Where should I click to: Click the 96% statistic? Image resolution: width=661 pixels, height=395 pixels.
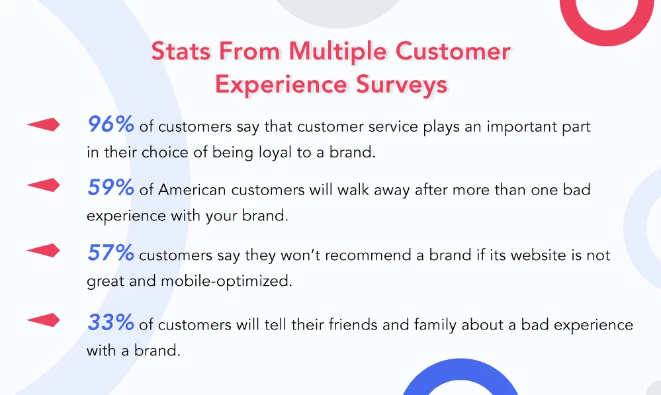pos(110,124)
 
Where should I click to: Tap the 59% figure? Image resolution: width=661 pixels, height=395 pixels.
pos(110,188)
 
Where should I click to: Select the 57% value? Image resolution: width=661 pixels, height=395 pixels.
pos(110,253)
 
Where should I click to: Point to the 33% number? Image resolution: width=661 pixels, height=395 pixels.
pos(110,322)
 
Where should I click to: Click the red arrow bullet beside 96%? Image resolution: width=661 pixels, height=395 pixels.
pos(44,124)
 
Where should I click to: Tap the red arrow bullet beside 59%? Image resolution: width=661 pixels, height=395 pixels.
pos(44,185)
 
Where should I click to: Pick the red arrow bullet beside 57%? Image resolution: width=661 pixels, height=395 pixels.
pos(44,250)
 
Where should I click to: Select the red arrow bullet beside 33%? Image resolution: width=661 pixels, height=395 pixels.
pos(44,320)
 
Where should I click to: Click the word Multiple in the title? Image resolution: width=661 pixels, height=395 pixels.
pos(337,52)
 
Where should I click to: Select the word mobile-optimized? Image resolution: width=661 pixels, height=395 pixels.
pos(226,281)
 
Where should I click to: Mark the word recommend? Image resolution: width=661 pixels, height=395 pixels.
pos(368,255)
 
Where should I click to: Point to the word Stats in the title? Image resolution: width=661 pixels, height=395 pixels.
pos(181,52)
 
